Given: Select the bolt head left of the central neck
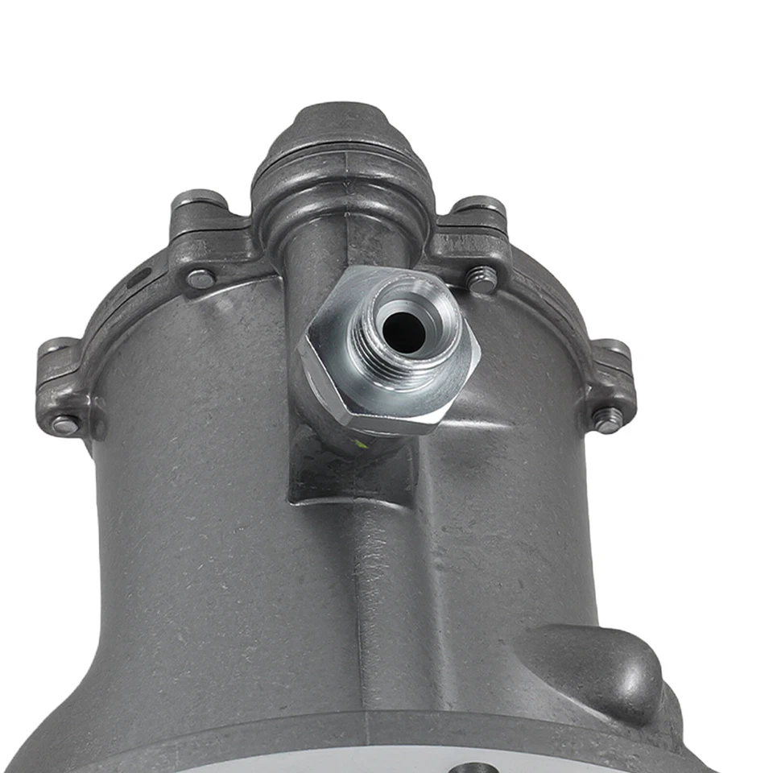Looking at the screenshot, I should click(x=200, y=279).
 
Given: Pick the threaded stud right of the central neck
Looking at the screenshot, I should click(x=482, y=279).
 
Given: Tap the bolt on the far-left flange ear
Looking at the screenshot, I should click(x=64, y=424).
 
